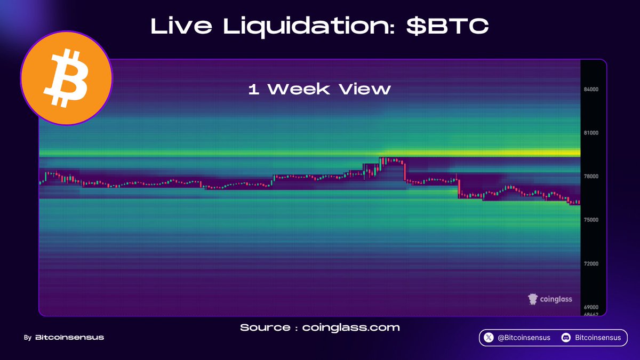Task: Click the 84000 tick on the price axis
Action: click(x=591, y=90)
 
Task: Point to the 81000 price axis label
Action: click(x=591, y=133)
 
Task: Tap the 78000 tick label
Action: click(x=591, y=177)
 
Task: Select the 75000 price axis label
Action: click(x=591, y=220)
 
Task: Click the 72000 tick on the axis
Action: click(x=591, y=263)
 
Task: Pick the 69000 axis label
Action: click(x=591, y=307)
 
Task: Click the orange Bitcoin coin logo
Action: click(x=67, y=78)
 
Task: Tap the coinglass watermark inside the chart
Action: click(x=550, y=299)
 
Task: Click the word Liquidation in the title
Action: click(x=309, y=27)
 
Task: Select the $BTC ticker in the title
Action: click(x=447, y=26)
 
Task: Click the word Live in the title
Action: click(x=181, y=26)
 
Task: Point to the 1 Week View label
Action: click(x=319, y=89)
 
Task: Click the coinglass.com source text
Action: click(x=351, y=327)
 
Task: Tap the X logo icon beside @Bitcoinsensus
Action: click(x=489, y=338)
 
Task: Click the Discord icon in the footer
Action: click(x=566, y=338)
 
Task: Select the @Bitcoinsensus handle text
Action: click(x=524, y=338)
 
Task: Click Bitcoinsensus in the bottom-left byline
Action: click(x=69, y=338)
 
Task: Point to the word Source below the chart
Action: click(x=265, y=327)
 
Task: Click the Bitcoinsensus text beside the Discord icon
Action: click(x=598, y=338)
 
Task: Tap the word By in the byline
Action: click(x=28, y=338)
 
